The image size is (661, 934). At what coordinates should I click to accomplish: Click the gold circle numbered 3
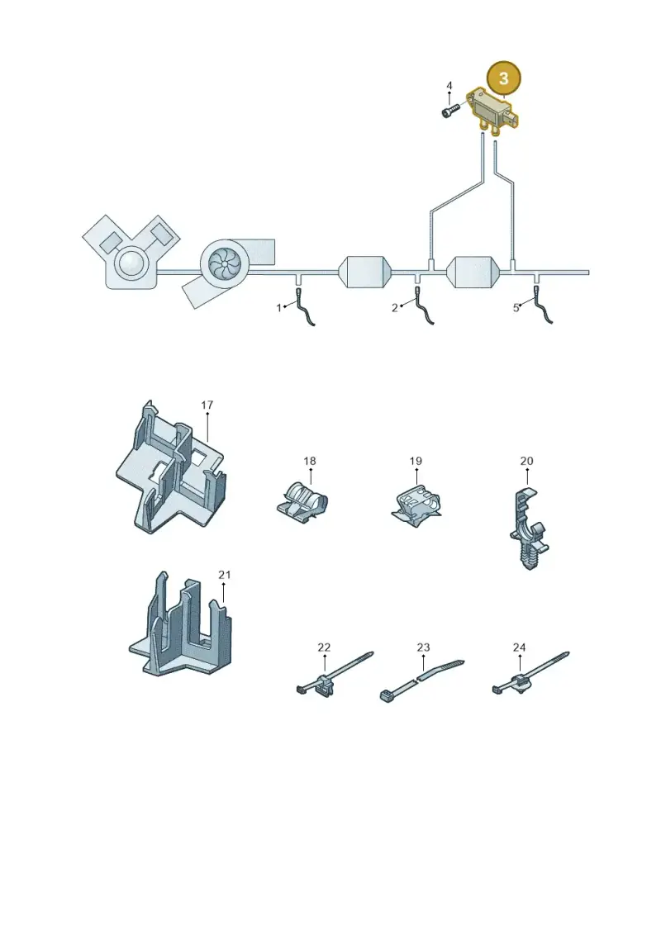coord(504,78)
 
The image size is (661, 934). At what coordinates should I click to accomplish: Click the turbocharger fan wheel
coord(226,264)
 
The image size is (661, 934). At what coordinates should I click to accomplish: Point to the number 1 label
coord(278,309)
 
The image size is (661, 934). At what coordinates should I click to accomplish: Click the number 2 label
coord(395,309)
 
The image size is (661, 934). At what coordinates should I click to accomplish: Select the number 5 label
coord(516,309)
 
